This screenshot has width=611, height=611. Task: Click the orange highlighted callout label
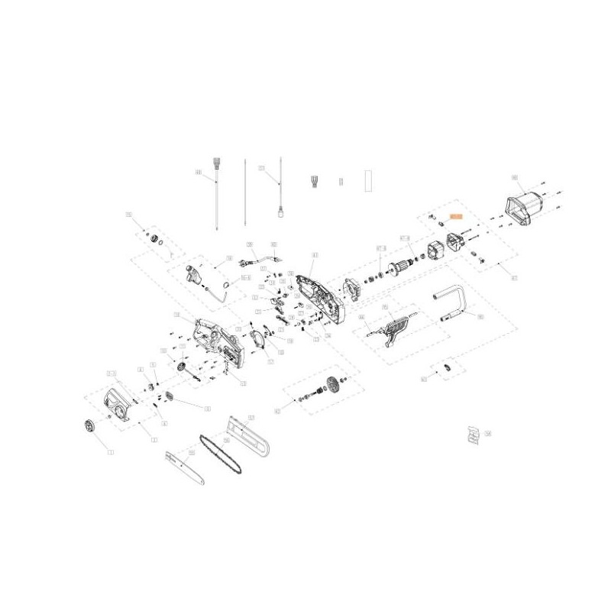(456, 217)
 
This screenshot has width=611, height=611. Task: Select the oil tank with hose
(196, 274)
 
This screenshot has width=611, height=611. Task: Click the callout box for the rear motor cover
(514, 178)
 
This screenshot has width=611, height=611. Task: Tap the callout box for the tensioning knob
(111, 451)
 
